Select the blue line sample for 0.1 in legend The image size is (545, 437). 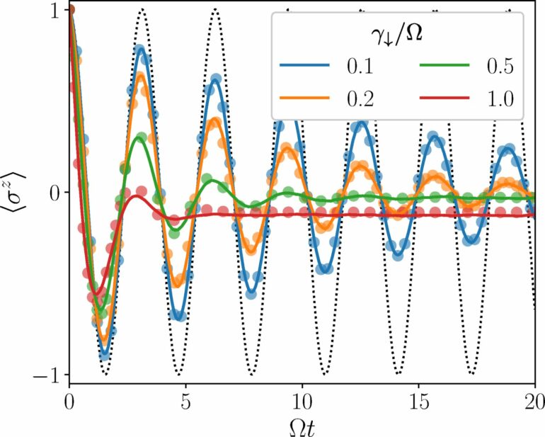tap(306, 68)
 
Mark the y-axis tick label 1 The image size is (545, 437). tap(52, 10)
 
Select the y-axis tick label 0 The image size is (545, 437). tap(52, 192)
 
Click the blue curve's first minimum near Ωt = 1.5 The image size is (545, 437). tap(105, 354)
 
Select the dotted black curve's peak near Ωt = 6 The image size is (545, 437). tap(215, 9)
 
